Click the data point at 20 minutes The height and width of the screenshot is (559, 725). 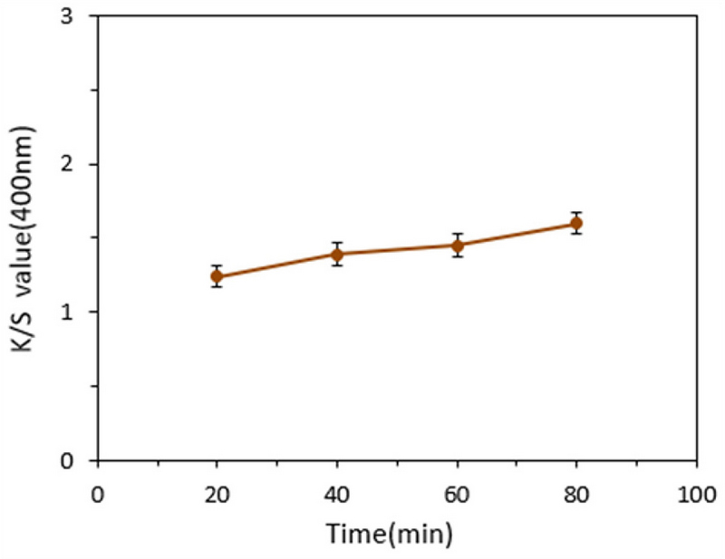(217, 276)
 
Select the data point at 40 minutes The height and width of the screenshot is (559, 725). (337, 254)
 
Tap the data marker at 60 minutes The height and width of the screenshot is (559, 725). (457, 245)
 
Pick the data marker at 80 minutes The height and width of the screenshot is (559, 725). (576, 223)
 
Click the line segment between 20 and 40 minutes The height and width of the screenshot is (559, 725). (276, 265)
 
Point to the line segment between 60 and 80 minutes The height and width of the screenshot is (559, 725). (517, 234)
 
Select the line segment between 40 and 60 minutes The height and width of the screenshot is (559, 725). (397, 249)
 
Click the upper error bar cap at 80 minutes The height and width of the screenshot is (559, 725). (576, 212)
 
